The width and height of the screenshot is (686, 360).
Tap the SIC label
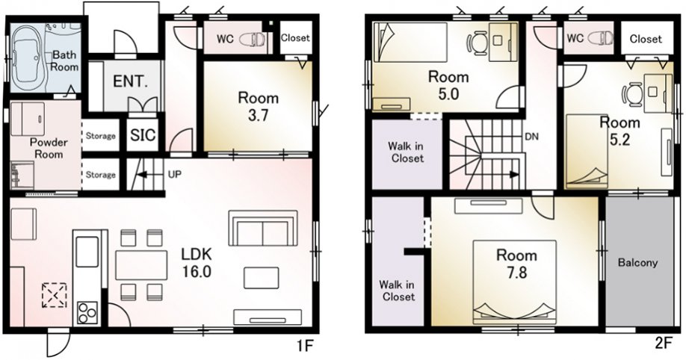tap(143, 135)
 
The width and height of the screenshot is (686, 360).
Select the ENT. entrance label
tap(131, 82)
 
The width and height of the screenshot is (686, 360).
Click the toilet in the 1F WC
tap(253, 39)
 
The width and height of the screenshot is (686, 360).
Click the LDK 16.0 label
tap(197, 262)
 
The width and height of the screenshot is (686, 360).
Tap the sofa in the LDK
tap(263, 229)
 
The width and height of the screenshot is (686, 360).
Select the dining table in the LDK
tap(141, 265)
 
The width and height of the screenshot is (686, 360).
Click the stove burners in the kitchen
tap(87, 313)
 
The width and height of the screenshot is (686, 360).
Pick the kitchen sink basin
tap(87, 252)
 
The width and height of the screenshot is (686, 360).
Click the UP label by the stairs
tap(175, 175)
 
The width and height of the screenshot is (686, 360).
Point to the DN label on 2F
tap(531, 137)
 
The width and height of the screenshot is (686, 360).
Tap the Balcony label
tap(638, 262)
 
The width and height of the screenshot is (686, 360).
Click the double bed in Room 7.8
tap(515, 282)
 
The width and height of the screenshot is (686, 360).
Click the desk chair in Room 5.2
tap(631, 95)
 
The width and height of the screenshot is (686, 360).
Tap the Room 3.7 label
tap(258, 107)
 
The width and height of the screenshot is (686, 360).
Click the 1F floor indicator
tap(305, 346)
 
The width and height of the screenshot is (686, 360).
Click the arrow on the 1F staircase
tap(146, 175)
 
